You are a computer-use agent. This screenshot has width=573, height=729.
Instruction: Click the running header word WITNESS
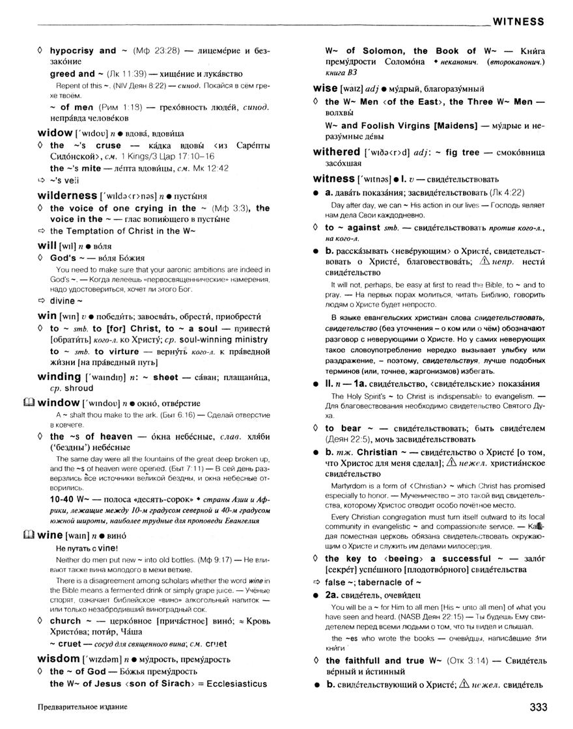click(x=518, y=21)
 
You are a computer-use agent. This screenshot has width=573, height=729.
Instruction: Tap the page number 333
click(x=530, y=706)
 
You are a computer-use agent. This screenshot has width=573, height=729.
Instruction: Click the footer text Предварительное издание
click(x=82, y=706)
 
